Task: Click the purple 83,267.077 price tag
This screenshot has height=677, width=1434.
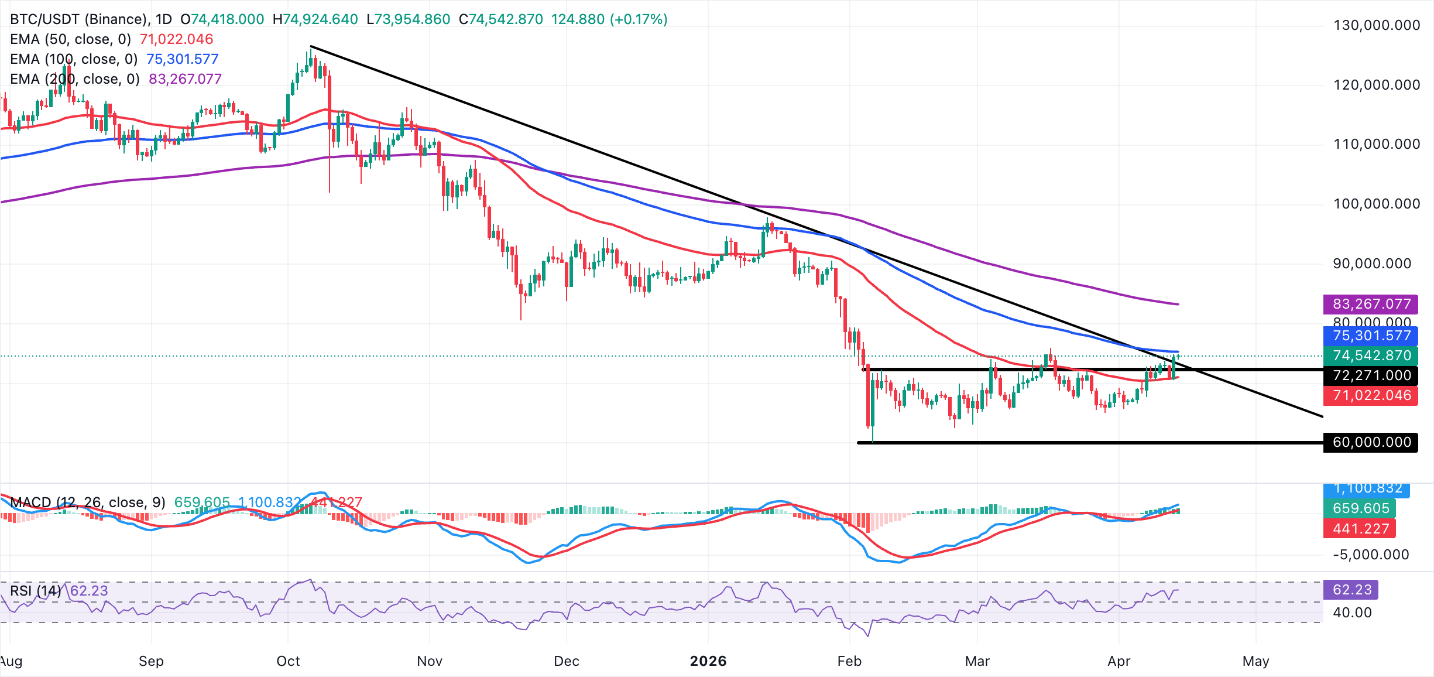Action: point(1371,304)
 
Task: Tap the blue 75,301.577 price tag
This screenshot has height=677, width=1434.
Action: point(1371,336)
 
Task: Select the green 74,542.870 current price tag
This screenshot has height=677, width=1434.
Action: point(1371,355)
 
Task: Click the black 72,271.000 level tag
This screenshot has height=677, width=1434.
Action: point(1371,375)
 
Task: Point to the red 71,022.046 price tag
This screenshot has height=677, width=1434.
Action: point(1371,395)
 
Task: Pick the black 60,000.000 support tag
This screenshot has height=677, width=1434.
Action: point(1371,442)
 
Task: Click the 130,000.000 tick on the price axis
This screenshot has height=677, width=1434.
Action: point(1376,25)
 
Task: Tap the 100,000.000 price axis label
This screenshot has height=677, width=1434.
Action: point(1376,204)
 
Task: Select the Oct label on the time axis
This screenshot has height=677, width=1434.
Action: point(288,661)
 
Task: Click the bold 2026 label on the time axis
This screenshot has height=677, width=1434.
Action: point(708,661)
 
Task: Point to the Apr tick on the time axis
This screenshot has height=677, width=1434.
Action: point(1119,661)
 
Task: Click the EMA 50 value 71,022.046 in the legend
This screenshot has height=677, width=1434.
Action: point(176,39)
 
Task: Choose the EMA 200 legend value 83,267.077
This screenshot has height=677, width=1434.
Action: point(185,79)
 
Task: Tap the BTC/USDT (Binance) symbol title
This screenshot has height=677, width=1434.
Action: point(78,19)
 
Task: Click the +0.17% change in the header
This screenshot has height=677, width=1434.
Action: point(639,19)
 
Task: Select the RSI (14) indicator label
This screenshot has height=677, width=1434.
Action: point(35,590)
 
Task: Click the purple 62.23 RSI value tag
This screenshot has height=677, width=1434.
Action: point(1351,589)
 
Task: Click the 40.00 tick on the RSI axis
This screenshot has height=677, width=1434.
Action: point(1352,613)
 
